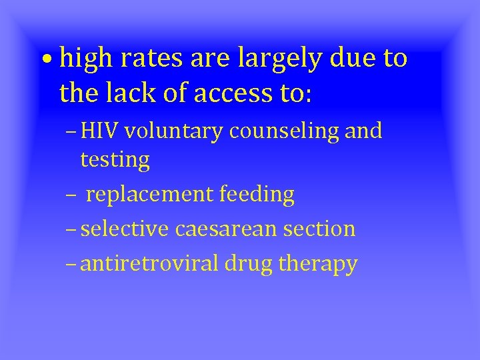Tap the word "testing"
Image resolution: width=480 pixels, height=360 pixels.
[115, 159]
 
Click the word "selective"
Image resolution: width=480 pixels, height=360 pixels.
[125, 229]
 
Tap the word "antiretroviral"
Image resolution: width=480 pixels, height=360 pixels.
[149, 264]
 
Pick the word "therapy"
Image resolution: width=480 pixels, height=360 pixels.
[318, 264]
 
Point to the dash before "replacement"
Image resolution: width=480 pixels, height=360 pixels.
[71, 195]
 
